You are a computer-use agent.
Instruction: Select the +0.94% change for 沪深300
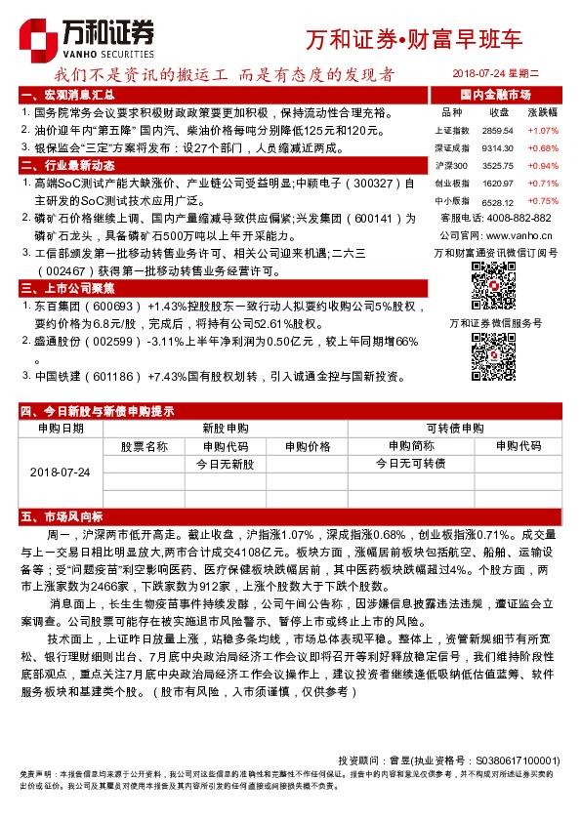pos(542,166)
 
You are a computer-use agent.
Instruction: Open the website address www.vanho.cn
pos(521,235)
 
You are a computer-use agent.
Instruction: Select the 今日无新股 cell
pos(225,464)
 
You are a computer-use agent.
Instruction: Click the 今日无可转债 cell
pos(410,464)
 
